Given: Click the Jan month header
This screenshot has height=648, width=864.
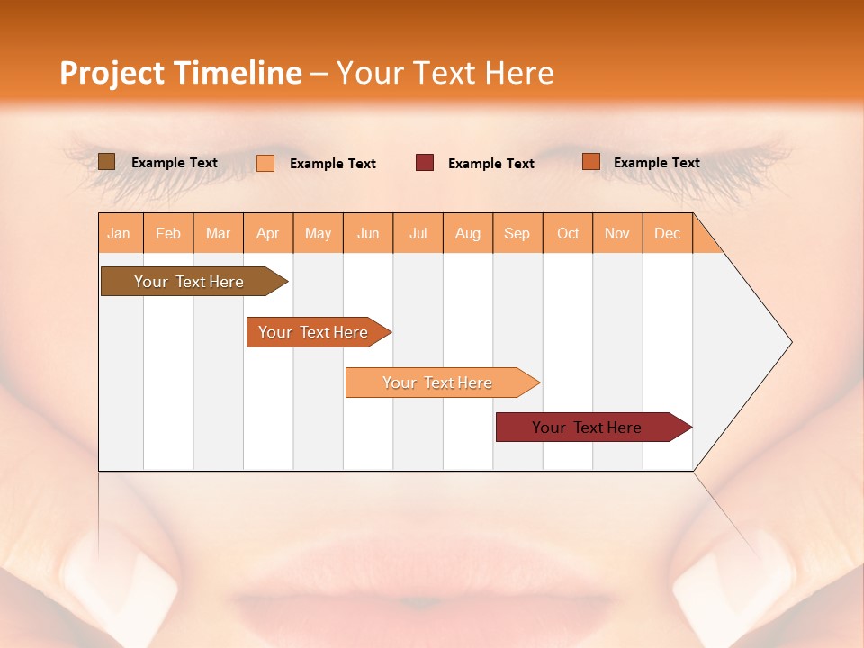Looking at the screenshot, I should pyautogui.click(x=120, y=234).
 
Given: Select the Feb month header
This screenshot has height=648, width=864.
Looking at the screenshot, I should pyautogui.click(x=168, y=234).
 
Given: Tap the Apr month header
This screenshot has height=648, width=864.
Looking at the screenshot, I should pyautogui.click(x=267, y=234).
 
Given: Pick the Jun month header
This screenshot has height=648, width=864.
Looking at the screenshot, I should pyautogui.click(x=368, y=234).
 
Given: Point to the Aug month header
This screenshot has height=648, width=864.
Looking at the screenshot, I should pyautogui.click(x=468, y=234).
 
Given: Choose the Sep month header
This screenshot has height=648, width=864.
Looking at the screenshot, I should pyautogui.click(x=517, y=234).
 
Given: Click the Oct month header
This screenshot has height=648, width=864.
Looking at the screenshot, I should pyautogui.click(x=568, y=234).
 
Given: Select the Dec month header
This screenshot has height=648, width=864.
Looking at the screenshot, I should pyautogui.click(x=667, y=234).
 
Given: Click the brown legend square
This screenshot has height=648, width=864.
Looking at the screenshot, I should pyautogui.click(x=106, y=162).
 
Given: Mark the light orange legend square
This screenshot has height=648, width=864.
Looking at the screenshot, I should pyautogui.click(x=265, y=163).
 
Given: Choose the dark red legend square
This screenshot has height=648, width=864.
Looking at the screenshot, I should pyautogui.click(x=425, y=163).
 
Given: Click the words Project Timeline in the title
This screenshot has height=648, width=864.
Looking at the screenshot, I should pyautogui.click(x=180, y=73).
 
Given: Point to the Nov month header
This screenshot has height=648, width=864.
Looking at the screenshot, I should pyautogui.click(x=617, y=234).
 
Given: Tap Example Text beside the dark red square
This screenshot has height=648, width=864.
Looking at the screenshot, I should pyautogui.click(x=491, y=164).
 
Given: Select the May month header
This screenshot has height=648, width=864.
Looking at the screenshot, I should pyautogui.click(x=318, y=234).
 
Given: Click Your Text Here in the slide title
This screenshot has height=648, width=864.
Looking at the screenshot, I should pyautogui.click(x=445, y=73).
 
